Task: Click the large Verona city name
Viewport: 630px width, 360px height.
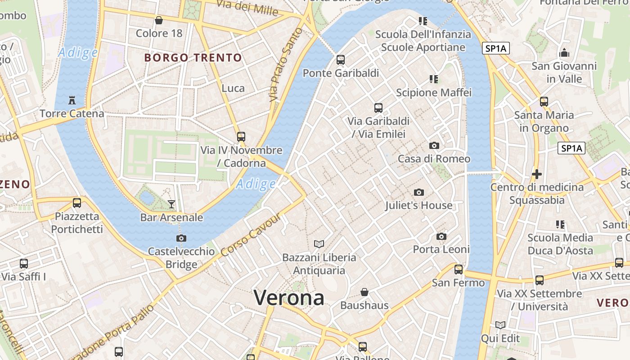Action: point(289,298)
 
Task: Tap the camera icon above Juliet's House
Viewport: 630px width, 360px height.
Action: point(419,193)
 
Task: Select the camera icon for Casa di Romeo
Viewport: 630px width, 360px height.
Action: point(434,145)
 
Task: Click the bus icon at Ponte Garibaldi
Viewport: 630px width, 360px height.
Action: point(341,60)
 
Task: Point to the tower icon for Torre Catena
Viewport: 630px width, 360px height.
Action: point(72,100)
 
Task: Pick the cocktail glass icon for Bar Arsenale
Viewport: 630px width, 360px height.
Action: point(171,204)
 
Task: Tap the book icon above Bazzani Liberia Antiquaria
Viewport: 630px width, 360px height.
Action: point(319,244)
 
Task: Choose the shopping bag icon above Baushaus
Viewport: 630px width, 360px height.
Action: point(364,292)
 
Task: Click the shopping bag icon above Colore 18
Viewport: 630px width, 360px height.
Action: point(159,20)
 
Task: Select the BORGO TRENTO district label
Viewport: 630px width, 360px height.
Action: point(193,58)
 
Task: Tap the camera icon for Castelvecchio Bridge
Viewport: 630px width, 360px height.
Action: point(181,238)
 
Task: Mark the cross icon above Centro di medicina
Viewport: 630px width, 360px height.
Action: point(536,174)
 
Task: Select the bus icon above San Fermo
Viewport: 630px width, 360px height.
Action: point(459,270)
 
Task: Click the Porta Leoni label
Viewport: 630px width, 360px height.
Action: point(441,249)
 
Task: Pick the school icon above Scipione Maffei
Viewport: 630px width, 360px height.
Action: point(434,80)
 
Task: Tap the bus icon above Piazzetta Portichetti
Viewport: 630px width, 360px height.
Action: point(77,203)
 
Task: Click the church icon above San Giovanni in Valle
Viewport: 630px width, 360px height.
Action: point(564,53)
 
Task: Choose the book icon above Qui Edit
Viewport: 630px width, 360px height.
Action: point(500,325)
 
